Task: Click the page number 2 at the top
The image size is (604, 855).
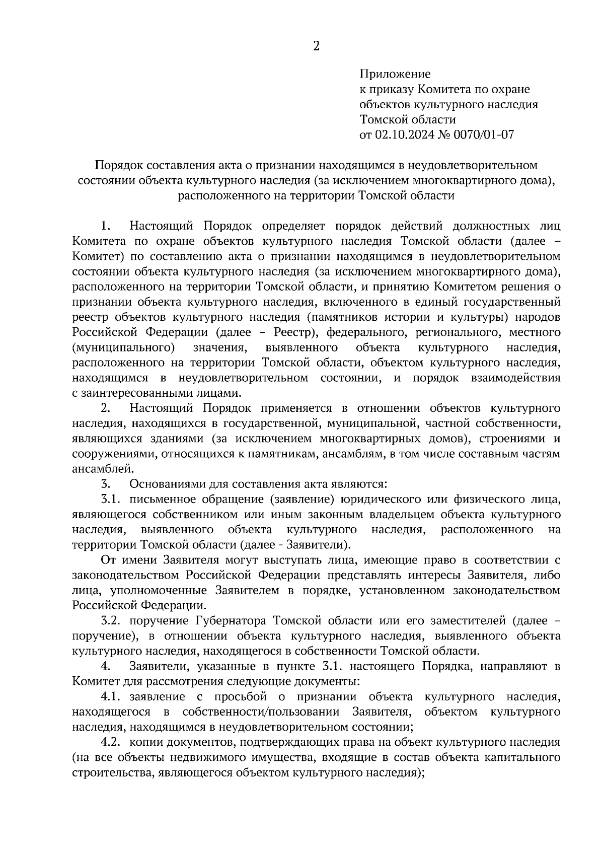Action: coord(316,46)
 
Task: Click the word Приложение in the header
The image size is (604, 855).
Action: coord(395,75)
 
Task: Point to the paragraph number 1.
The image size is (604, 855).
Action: coord(105,226)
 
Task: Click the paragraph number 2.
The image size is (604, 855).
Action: coord(105,408)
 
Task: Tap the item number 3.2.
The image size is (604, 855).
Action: coord(112,620)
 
